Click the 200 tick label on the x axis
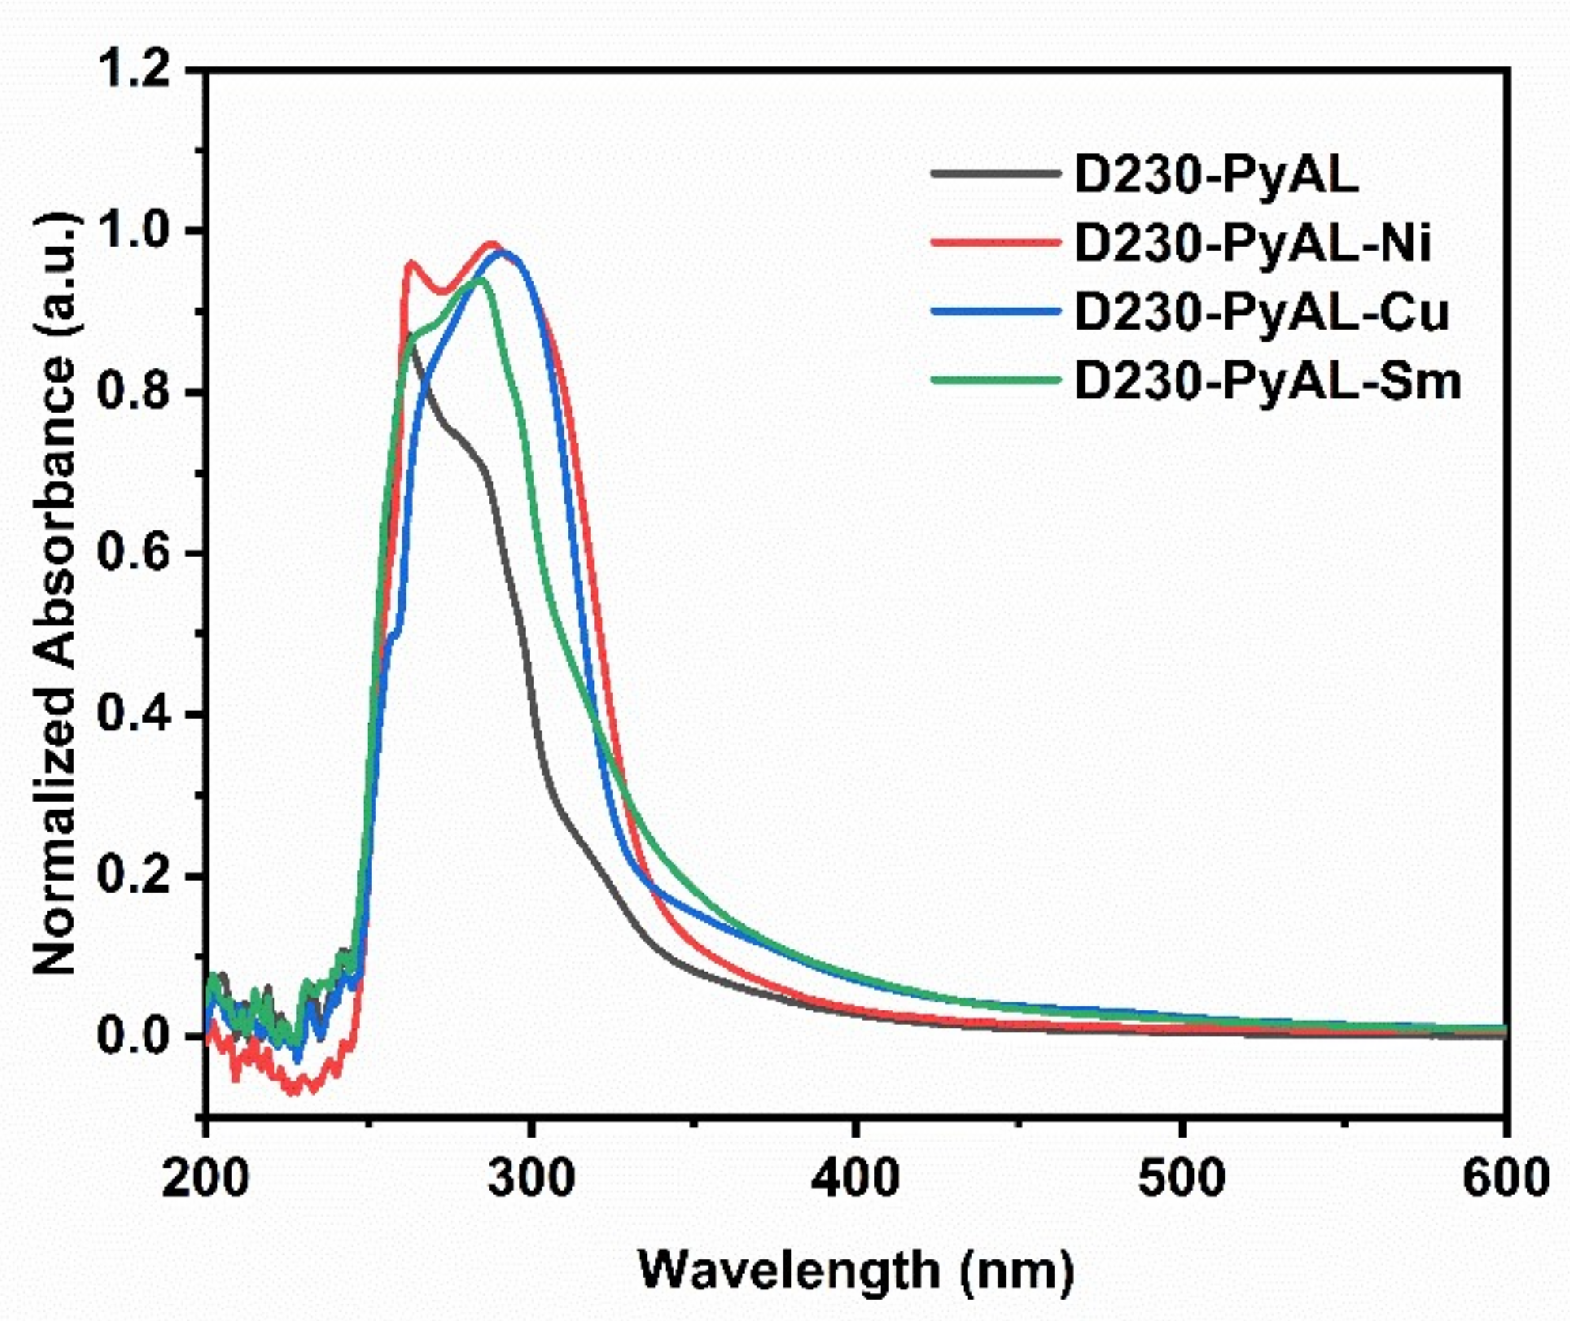pos(206,1179)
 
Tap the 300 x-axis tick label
pos(531,1179)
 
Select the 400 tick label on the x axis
pos(856,1179)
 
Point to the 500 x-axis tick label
pos(1182,1179)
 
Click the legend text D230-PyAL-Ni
pos(1253,243)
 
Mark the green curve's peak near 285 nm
pos(479,279)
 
